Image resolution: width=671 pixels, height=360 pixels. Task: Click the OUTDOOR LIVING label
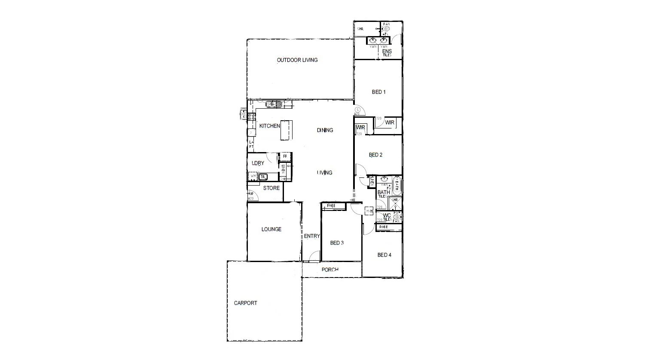point(297,60)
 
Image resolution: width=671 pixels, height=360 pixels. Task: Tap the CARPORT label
point(245,303)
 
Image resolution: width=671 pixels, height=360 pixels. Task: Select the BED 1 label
point(378,92)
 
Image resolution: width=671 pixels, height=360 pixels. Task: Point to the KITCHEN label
point(269,126)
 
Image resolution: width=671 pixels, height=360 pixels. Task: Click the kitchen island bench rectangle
point(286,130)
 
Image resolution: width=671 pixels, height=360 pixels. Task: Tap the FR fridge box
point(285,156)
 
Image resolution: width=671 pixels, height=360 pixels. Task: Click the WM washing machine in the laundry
point(253,176)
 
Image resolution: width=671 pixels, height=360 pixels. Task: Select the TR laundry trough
point(262,176)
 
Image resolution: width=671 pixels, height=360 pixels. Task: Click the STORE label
point(271,188)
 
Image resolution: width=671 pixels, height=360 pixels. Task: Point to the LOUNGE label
point(271,229)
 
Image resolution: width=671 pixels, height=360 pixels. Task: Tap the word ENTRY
point(312,236)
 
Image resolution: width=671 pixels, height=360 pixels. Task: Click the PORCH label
point(330,270)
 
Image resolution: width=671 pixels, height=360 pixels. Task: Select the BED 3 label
point(337,243)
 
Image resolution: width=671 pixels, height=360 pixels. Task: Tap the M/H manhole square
point(369,211)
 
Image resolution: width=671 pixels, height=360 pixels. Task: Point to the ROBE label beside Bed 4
point(383,227)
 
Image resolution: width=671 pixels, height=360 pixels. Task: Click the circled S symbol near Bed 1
point(357,110)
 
